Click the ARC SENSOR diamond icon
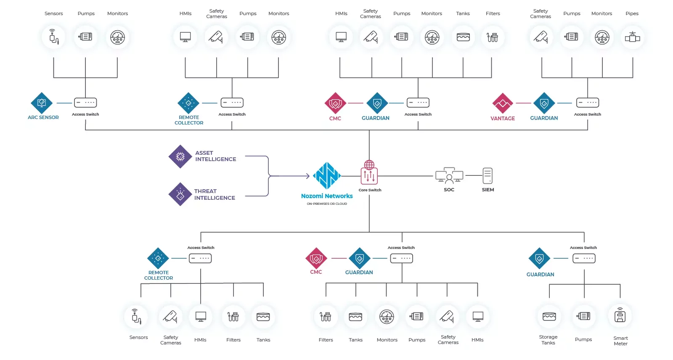42,103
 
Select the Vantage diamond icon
503,103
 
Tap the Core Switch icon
369,173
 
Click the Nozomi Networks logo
327,176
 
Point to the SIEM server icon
488,176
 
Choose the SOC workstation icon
449,175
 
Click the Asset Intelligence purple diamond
180,156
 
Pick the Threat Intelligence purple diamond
180,194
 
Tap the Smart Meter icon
620,316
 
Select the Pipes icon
632,37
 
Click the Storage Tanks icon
549,316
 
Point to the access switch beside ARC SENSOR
85,103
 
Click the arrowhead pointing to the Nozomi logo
307,176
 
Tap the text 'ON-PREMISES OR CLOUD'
327,204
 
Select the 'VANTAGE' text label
503,119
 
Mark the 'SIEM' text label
488,190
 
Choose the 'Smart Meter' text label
620,341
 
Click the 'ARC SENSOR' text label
43,118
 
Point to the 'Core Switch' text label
370,190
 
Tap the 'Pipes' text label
632,13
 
